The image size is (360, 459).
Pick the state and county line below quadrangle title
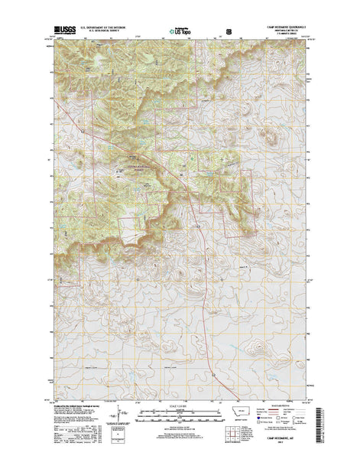pos(282,34)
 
